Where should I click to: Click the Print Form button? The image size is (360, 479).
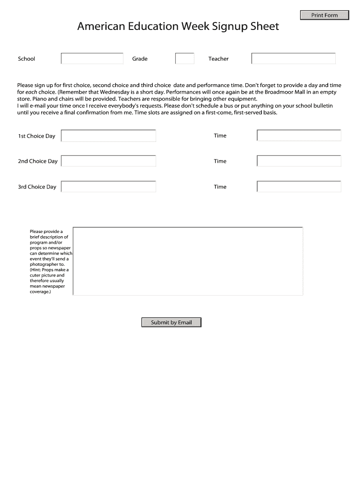tap(324, 15)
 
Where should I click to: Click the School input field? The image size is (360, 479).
tap(92, 58)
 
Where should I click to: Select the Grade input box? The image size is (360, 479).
tap(185, 58)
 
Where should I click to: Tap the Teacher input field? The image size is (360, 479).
tap(293, 58)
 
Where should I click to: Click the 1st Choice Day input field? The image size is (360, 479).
tap(108, 136)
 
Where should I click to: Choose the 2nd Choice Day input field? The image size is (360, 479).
tap(108, 161)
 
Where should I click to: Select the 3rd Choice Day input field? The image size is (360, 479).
tap(108, 187)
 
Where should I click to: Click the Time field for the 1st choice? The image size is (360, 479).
tap(299, 136)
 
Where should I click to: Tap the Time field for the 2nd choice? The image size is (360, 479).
tap(299, 161)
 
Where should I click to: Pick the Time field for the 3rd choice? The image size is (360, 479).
tap(299, 187)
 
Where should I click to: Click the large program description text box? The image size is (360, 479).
tap(188, 261)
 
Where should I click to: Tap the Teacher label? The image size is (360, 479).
tap(218, 59)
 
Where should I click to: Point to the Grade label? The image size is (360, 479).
tap(140, 59)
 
